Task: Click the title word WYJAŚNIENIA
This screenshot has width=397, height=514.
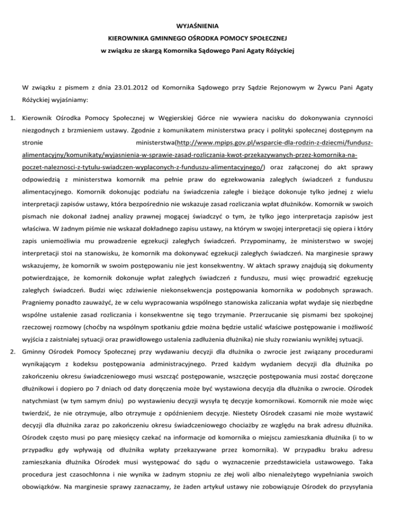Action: coord(198,25)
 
